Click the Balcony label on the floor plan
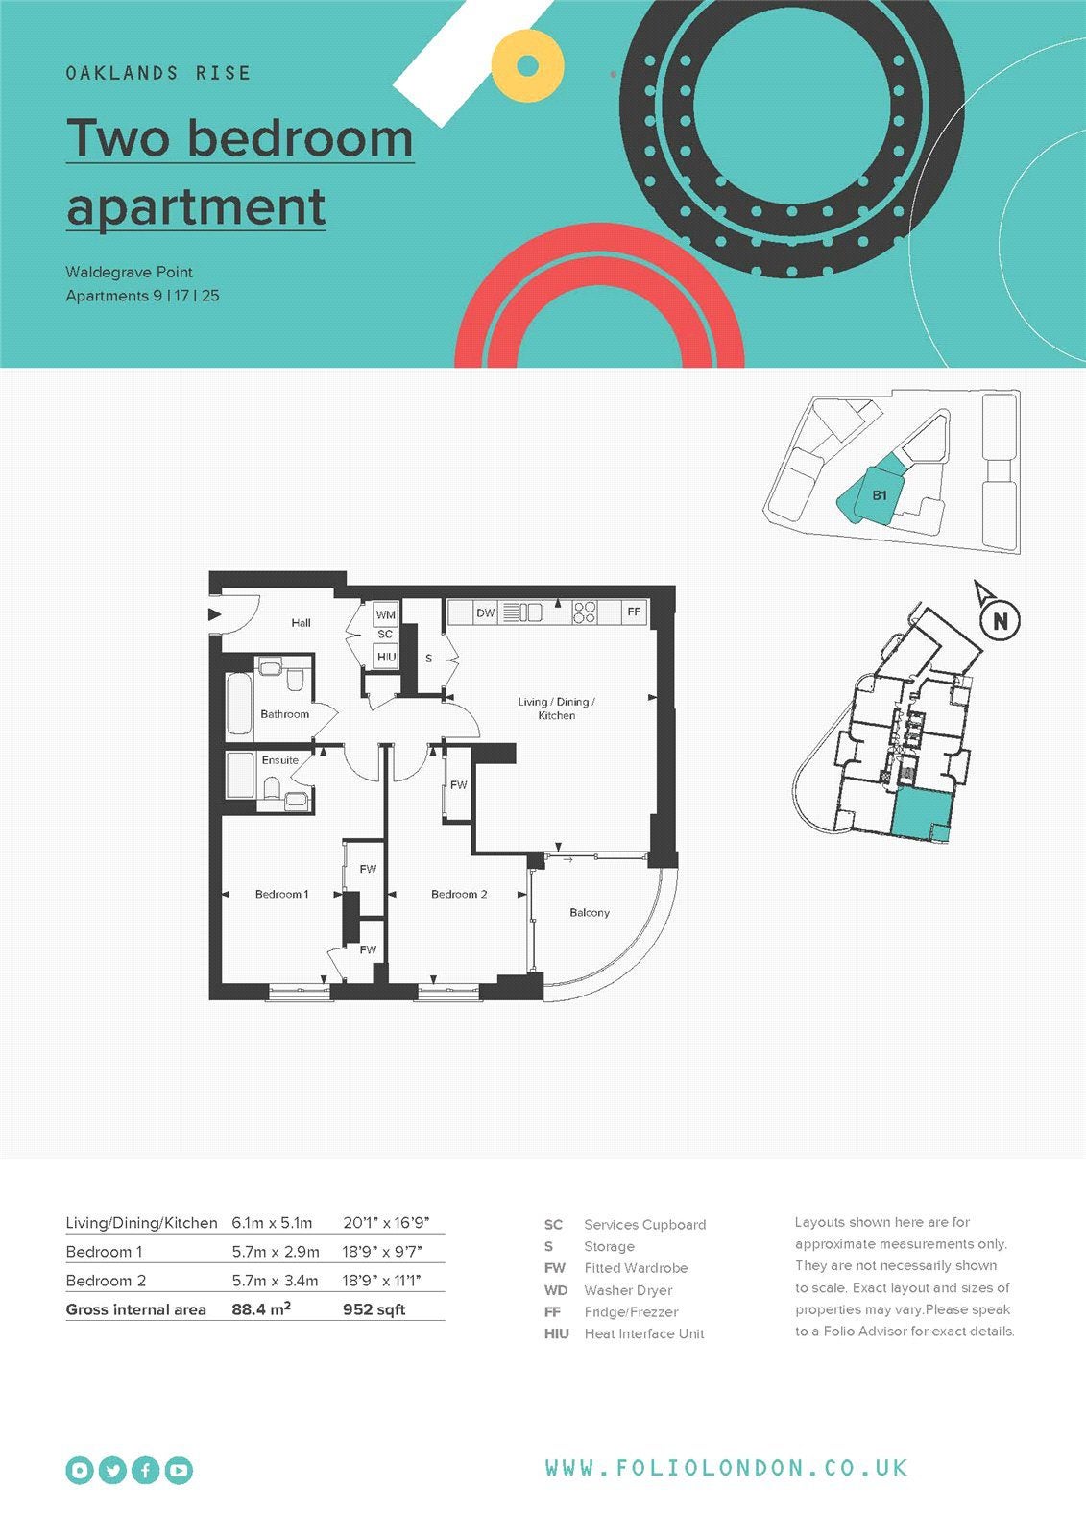coord(590,913)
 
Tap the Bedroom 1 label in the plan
coord(281,894)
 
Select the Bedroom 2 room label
coord(459,894)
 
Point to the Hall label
coord(301,623)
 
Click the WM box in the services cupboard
coord(386,614)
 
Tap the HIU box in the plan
coord(386,657)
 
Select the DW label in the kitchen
coord(485,613)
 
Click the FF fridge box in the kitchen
coord(634,612)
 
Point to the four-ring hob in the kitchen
coord(585,612)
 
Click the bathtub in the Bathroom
coord(239,705)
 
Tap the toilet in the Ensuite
coord(271,787)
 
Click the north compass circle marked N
coord(1000,620)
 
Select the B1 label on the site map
coord(880,495)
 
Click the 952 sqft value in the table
coord(374,1309)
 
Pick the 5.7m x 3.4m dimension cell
coord(276,1281)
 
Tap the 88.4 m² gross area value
coord(261,1309)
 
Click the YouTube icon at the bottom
coord(179,1470)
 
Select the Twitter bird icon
coord(112,1470)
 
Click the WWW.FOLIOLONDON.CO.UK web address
coord(727,1468)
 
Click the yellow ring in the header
coord(527,66)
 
